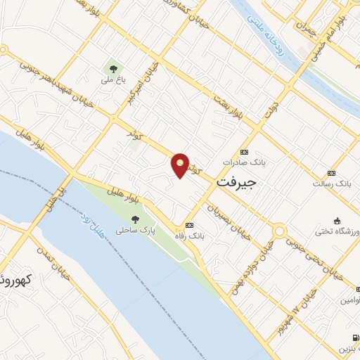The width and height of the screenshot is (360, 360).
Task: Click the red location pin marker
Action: coord(180,165)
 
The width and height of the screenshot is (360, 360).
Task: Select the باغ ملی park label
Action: coord(112,80)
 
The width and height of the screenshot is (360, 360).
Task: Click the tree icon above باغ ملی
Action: coord(112,68)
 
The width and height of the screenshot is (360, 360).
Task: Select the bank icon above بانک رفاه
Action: coord(188,225)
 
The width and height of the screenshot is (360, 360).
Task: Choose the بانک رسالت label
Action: coord(335,183)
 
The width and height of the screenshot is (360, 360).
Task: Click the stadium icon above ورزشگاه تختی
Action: coord(338,220)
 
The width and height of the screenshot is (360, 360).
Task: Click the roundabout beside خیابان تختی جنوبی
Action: coord(280,231)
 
